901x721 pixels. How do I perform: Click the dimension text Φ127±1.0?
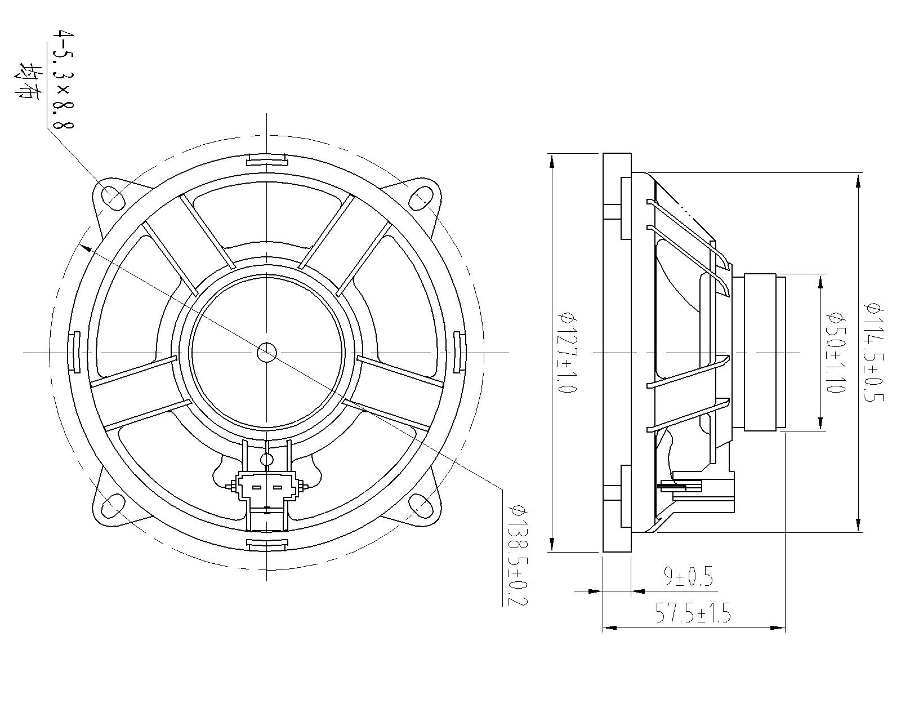(x=566, y=353)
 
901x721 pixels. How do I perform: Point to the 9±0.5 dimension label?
(x=688, y=577)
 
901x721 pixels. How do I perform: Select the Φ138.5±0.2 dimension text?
(x=517, y=555)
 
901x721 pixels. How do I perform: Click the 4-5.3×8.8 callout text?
(x=62, y=79)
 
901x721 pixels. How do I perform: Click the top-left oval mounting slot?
(x=113, y=195)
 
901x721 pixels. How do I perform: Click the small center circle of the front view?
(x=266, y=353)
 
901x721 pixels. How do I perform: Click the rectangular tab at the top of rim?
(x=267, y=160)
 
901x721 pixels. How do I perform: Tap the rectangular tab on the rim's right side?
(x=458, y=352)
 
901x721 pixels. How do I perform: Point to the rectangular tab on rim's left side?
(x=74, y=352)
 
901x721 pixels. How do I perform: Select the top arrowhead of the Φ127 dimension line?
(x=552, y=161)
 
